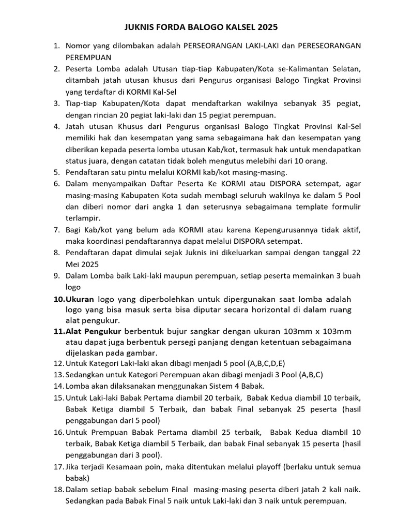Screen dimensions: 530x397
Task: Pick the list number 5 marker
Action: [x=57, y=172]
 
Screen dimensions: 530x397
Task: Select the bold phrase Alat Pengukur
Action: [x=93, y=331]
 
